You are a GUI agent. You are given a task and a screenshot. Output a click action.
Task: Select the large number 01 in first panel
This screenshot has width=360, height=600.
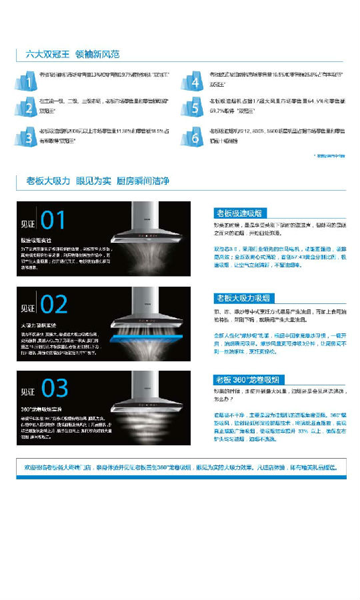click(x=53, y=221)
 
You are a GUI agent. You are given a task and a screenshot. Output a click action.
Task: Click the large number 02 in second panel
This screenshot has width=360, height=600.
click(x=54, y=304)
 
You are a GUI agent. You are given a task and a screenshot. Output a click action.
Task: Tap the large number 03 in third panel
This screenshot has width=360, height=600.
click(x=54, y=388)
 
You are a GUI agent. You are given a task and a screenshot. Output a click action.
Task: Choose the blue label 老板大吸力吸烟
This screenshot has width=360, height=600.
click(x=243, y=297)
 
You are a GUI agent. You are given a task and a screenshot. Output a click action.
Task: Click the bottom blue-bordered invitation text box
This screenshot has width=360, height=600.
click(x=180, y=467)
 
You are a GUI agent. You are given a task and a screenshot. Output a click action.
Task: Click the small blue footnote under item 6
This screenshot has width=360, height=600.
click(x=329, y=155)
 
